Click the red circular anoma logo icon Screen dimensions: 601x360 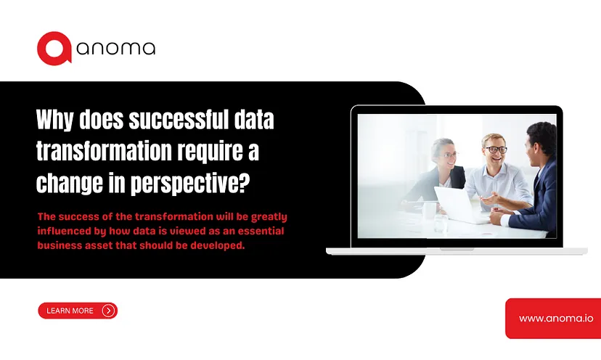54,49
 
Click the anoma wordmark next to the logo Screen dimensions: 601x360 115,49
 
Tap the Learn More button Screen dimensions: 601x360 78,311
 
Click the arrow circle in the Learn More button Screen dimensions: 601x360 108,311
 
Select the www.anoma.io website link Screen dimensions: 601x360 556,318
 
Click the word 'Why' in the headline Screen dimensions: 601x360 55,120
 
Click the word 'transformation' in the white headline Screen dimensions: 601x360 104,151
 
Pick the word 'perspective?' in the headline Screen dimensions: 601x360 190,183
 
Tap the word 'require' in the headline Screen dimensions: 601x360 210,152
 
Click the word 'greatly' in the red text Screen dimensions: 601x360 269,217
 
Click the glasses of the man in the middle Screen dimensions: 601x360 496,150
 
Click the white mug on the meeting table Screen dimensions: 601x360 429,210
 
